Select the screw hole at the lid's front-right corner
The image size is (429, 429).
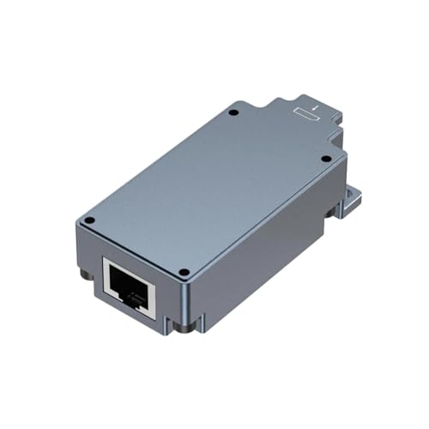183,273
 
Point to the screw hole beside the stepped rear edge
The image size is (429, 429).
233,113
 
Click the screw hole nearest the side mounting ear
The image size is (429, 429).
324,159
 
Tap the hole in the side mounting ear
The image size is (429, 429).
351,202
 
